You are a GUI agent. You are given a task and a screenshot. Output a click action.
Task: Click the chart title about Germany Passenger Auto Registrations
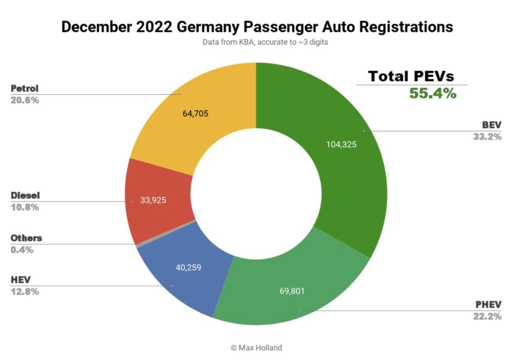click(x=257, y=26)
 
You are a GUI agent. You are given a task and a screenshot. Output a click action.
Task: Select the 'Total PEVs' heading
click(x=411, y=76)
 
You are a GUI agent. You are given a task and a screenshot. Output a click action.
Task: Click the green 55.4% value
click(x=432, y=93)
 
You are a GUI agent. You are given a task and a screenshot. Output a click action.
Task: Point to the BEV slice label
click(x=491, y=125)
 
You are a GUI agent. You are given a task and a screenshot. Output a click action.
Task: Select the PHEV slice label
click(x=488, y=305)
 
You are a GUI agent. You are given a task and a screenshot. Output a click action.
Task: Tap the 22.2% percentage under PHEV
click(x=488, y=316)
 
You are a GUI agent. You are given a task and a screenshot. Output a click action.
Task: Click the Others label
click(x=26, y=238)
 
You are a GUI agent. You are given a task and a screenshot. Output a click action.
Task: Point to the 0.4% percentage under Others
click(x=22, y=249)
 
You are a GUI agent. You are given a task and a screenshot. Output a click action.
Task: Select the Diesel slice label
click(x=25, y=195)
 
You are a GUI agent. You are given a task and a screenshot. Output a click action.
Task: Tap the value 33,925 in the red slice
click(x=153, y=200)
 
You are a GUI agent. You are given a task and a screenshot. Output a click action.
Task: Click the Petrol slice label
click(x=24, y=89)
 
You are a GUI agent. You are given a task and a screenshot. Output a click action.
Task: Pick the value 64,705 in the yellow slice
click(x=195, y=114)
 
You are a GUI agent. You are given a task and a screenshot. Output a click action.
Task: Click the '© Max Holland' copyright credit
click(x=257, y=347)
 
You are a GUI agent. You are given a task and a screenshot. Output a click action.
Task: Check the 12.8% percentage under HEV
click(x=25, y=292)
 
